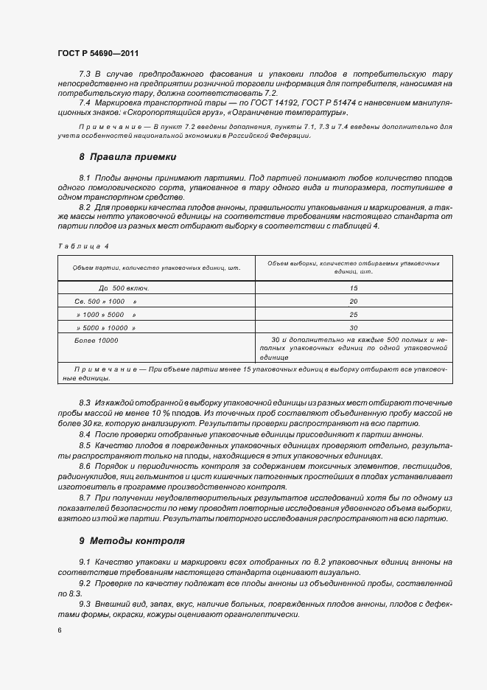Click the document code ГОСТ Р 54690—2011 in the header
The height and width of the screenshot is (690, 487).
[97, 54]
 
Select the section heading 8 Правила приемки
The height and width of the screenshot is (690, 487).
[127, 157]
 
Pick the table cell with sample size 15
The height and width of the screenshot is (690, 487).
[354, 288]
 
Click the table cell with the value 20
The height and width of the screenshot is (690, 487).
[354, 302]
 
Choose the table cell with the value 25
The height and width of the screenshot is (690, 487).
[354, 315]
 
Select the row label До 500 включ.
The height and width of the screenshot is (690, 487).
[124, 288]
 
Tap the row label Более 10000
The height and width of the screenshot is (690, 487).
[97, 341]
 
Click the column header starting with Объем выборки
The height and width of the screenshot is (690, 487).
[354, 267]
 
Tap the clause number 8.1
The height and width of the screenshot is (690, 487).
[85, 178]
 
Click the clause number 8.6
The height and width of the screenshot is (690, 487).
[85, 468]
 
